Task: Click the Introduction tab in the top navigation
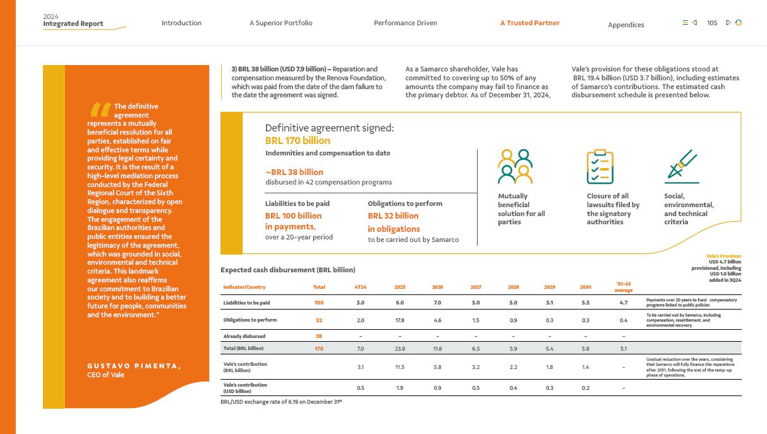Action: tap(181, 23)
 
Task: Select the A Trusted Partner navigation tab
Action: tap(529, 23)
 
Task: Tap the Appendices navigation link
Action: tap(625, 25)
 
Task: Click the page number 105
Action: tap(712, 23)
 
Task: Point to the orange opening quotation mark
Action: tap(100, 109)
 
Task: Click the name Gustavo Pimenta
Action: tap(134, 366)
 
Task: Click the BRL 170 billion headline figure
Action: tap(298, 141)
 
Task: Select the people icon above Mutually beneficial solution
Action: tap(516, 166)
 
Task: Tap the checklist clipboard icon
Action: tap(600, 167)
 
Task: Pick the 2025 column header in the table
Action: tap(399, 287)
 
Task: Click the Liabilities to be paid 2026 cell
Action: tap(437, 303)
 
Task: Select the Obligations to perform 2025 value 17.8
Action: tap(399, 320)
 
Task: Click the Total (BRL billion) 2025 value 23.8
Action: tap(399, 348)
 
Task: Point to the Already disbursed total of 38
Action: tap(319, 336)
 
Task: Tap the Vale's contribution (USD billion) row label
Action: tap(245, 387)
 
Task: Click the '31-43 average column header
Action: tap(623, 287)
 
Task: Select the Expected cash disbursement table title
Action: tap(287, 270)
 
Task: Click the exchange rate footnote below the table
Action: tap(281, 401)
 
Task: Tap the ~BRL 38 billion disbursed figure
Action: tap(294, 172)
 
